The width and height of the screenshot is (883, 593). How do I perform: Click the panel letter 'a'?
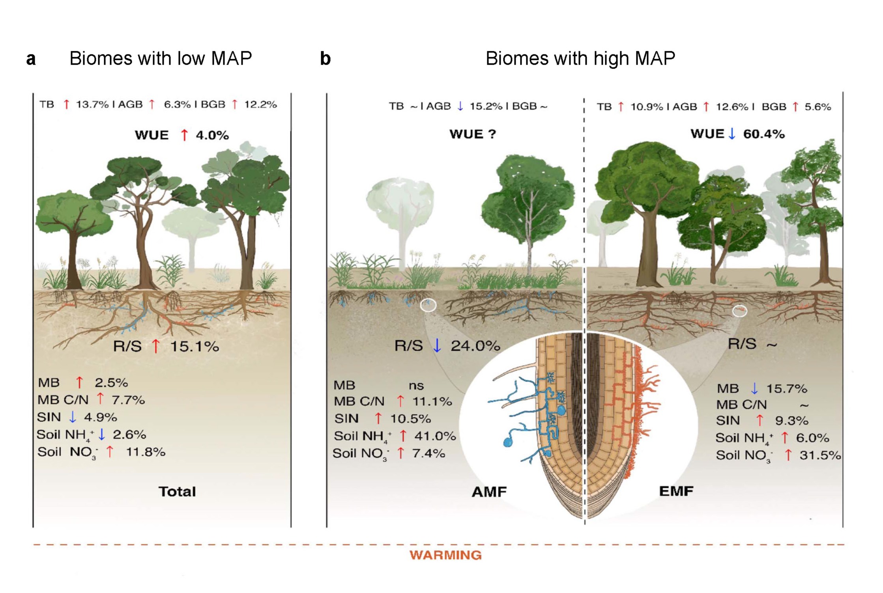pos(31,59)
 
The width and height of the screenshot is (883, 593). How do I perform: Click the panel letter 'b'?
pos(325,59)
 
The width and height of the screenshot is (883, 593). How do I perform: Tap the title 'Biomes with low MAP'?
pos(161,58)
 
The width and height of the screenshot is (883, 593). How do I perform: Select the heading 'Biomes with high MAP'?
pos(580,58)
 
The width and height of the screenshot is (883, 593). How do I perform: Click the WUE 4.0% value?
pos(212,135)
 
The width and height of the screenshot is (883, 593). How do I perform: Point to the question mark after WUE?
pos(492,134)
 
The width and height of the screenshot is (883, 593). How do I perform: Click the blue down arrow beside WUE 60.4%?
pos(732,134)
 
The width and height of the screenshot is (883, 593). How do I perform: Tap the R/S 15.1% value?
pos(194,347)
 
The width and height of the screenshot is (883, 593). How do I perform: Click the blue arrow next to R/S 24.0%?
pos(437,345)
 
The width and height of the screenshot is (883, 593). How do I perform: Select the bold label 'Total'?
pos(177,492)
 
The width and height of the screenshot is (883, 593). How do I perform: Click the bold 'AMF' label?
pos(489,492)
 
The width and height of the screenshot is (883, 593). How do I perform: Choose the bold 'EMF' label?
pos(676,491)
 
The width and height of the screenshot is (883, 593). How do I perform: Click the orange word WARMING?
pos(445,555)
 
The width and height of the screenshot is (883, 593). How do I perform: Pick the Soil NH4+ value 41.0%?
pos(435,436)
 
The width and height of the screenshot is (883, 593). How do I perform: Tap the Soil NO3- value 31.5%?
pos(820,455)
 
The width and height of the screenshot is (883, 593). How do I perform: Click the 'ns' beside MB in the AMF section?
pos(416,386)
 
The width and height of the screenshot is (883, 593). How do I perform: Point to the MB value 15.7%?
pos(786,389)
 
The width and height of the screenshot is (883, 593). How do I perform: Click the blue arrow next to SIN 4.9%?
pos(73,417)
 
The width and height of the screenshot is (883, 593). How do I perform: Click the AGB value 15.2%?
pos(486,106)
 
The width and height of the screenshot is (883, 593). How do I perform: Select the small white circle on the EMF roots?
pos(739,311)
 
